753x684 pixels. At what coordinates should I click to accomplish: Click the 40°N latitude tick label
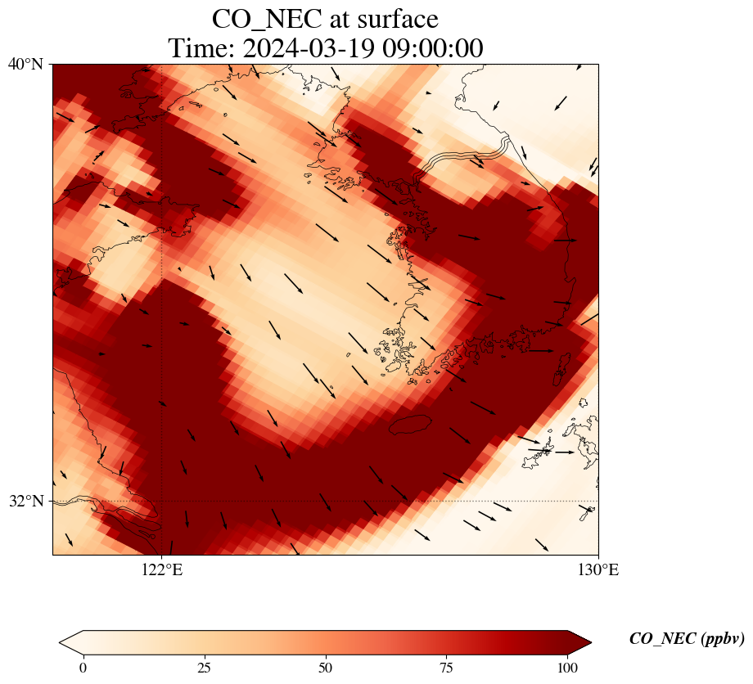25,64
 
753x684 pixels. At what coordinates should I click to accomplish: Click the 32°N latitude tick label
25,501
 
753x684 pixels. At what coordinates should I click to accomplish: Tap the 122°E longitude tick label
162,570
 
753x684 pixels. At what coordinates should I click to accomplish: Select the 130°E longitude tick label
598,570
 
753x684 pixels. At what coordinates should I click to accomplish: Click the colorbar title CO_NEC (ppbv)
687,639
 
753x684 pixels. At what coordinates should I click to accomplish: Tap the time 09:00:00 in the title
430,48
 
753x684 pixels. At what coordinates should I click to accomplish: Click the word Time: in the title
196,48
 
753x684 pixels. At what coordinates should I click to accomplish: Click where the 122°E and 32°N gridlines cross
162,501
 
